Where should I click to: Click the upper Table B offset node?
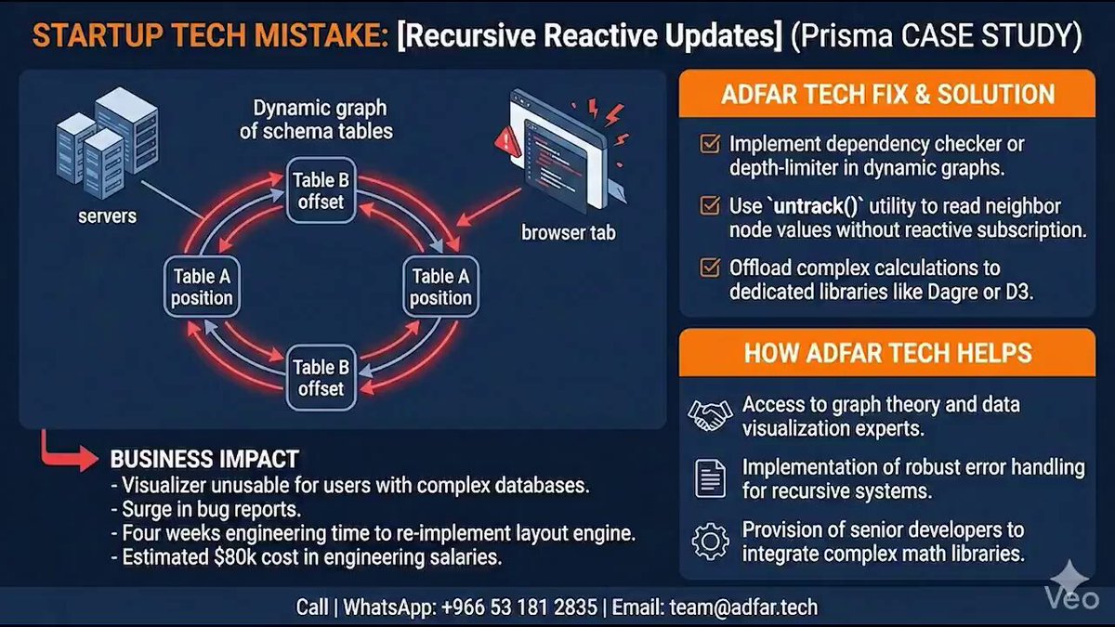point(321,190)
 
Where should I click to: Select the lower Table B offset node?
point(321,378)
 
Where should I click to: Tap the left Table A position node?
point(202,287)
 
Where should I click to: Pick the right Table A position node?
point(440,287)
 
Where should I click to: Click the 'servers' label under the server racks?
point(107,216)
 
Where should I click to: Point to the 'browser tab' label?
point(569,232)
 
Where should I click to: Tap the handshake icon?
point(710,415)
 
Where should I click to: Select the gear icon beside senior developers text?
point(710,542)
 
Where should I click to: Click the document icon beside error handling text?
point(710,478)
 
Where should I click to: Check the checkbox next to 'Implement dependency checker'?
point(710,143)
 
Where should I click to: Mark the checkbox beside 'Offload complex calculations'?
point(710,268)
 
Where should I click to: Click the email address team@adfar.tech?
point(743,607)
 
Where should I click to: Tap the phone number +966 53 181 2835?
point(519,607)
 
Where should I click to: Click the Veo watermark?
point(1071,589)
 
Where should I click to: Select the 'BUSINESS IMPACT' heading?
point(204,459)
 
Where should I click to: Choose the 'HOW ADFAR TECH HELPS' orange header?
point(887,352)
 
